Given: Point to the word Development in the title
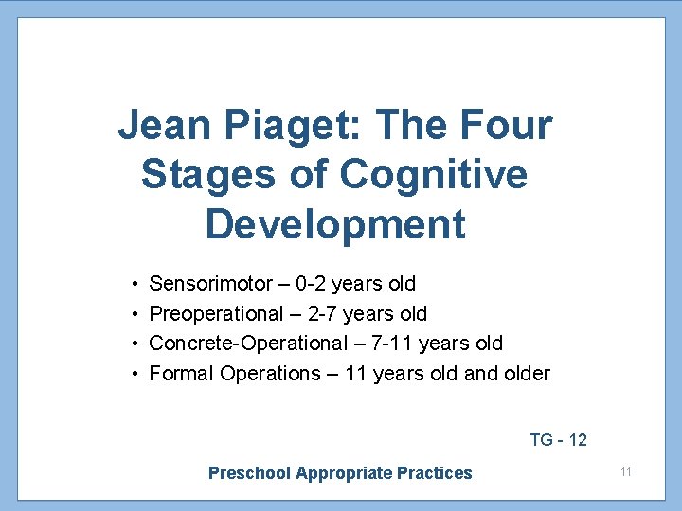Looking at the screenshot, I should point(335,224).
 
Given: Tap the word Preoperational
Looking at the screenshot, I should point(216,313).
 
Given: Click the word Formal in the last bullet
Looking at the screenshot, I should point(182,373).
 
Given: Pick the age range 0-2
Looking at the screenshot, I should point(313,284).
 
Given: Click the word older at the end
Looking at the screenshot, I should point(524,373).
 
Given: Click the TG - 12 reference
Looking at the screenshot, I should point(558,439).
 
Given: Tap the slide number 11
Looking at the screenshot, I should point(626,471).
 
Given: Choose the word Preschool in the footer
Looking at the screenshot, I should point(249,473).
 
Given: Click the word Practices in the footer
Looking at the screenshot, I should point(436,473).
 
